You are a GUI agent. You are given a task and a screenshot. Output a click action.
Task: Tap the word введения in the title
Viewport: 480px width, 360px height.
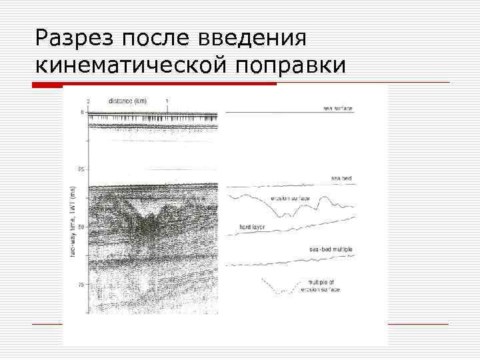(x=253, y=38)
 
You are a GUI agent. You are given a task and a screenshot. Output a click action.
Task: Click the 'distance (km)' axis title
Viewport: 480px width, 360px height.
(x=127, y=101)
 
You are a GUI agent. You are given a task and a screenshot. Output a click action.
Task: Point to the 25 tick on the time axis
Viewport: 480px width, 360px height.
(x=81, y=169)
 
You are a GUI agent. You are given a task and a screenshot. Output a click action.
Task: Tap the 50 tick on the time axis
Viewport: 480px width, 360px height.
(x=81, y=227)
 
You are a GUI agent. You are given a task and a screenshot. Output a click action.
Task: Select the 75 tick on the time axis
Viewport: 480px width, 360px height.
(x=81, y=285)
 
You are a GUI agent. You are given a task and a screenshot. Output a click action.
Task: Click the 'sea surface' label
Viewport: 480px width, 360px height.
(x=338, y=108)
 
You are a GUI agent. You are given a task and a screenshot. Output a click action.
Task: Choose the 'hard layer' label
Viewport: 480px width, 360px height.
(x=253, y=227)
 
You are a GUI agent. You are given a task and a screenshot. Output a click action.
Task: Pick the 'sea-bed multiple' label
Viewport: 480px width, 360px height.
(x=331, y=249)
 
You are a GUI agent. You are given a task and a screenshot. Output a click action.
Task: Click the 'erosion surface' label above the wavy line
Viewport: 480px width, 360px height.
(x=291, y=197)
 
